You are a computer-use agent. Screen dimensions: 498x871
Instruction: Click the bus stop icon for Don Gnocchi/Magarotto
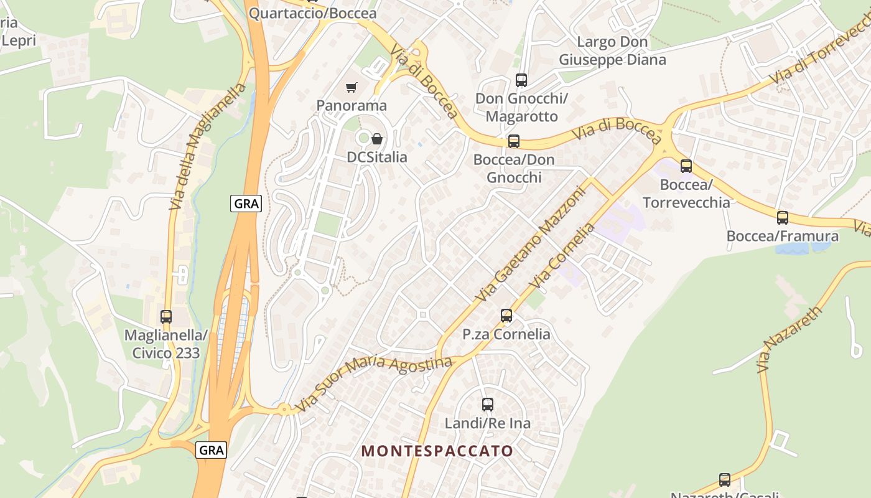(x=521, y=80)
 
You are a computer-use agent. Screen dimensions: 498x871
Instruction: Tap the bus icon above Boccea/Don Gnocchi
(x=514, y=141)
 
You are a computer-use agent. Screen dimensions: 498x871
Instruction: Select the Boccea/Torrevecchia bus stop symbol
(x=686, y=166)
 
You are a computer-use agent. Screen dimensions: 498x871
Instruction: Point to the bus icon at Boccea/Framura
(x=783, y=218)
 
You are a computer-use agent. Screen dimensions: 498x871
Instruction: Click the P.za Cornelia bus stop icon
(x=506, y=316)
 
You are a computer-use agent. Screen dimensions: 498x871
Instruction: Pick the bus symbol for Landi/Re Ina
(x=488, y=405)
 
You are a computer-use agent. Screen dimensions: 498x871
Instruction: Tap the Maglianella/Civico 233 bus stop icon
(x=166, y=316)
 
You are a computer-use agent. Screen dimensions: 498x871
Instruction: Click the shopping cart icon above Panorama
(x=352, y=88)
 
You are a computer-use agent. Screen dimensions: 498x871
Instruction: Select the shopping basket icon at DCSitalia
(x=377, y=139)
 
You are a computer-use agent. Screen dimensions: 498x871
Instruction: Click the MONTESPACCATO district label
(x=438, y=451)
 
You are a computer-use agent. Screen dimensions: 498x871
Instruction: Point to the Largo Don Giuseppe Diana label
(x=612, y=51)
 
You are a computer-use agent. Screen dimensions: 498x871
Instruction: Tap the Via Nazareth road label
(x=790, y=339)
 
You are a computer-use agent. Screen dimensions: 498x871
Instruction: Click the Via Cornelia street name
(x=562, y=256)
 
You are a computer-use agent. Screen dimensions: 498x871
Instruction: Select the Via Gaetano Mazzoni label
(x=531, y=245)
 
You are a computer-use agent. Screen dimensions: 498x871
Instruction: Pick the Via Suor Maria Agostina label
(x=373, y=381)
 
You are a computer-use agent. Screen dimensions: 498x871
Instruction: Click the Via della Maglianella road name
(x=208, y=146)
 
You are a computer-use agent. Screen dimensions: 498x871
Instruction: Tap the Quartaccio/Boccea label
(x=312, y=13)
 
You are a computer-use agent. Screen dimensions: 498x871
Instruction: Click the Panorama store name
(x=352, y=105)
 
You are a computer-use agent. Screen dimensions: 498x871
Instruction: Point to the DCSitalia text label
(x=377, y=157)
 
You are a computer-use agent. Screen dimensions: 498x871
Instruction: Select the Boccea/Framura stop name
(x=783, y=237)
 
